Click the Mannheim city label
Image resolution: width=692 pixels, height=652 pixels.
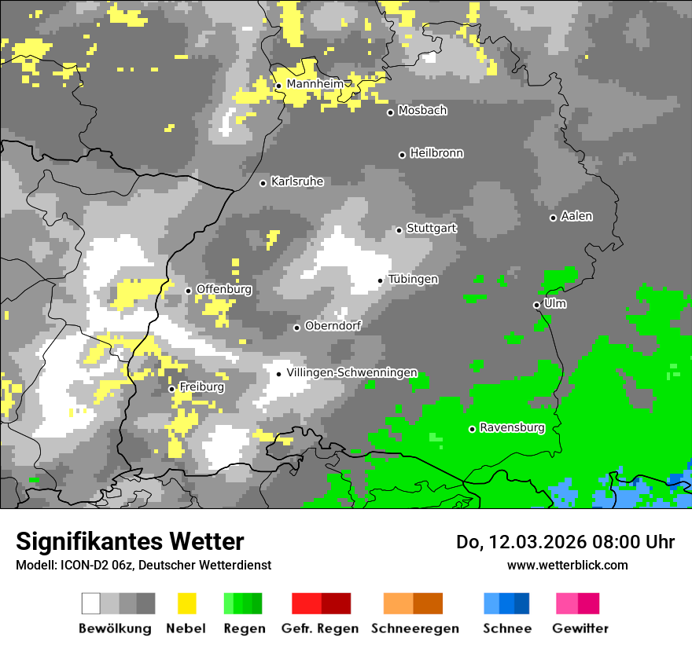[315, 84]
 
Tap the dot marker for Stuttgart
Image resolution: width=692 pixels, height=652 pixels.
[399, 230]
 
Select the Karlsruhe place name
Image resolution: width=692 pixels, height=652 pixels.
[296, 181]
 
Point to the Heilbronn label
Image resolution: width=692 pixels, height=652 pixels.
[436, 153]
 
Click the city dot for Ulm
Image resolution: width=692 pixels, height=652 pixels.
[536, 305]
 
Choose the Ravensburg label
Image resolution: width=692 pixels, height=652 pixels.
[512, 428]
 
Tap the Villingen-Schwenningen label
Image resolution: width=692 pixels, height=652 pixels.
[352, 372]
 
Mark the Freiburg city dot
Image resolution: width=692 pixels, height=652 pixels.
[171, 389]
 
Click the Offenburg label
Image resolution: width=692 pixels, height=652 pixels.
[223, 289]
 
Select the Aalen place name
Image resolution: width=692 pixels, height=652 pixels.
[576, 216]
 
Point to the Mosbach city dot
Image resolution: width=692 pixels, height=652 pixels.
[390, 112]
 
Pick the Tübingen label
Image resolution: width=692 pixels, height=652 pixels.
[413, 279]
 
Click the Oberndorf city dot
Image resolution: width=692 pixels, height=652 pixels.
[296, 328]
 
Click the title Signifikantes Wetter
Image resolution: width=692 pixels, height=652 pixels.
[130, 541]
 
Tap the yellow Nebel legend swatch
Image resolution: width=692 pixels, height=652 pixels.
[186, 603]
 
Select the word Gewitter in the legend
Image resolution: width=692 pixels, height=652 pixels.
[580, 628]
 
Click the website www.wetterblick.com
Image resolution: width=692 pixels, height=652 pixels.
[567, 565]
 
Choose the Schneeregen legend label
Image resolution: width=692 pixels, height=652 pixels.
[415, 628]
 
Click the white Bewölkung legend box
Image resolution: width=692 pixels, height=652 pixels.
[91, 603]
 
